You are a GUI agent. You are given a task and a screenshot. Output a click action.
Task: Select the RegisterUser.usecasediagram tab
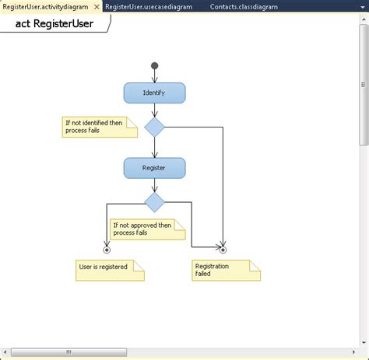click(x=149, y=6)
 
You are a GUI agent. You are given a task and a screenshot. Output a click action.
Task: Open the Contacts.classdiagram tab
click(x=242, y=6)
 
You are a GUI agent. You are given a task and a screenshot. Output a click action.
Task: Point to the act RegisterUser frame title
click(x=54, y=23)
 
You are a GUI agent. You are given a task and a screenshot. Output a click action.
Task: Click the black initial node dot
click(x=154, y=65)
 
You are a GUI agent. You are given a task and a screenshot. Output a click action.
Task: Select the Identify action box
click(x=154, y=93)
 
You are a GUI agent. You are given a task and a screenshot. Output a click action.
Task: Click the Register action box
click(x=154, y=167)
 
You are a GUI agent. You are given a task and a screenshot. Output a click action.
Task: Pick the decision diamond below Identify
click(x=155, y=127)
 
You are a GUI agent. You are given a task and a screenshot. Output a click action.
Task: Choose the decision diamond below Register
click(x=155, y=202)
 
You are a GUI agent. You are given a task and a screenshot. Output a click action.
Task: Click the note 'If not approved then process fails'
click(x=146, y=229)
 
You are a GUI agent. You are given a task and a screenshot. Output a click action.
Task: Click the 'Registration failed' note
click(x=225, y=269)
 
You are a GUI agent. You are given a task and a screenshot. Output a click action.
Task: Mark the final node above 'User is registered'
click(x=107, y=250)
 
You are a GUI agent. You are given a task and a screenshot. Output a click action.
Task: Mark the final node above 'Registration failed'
click(x=223, y=250)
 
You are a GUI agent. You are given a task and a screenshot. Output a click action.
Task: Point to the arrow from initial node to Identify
click(x=154, y=75)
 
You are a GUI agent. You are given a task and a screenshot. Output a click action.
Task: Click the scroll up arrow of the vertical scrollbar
click(x=364, y=19)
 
